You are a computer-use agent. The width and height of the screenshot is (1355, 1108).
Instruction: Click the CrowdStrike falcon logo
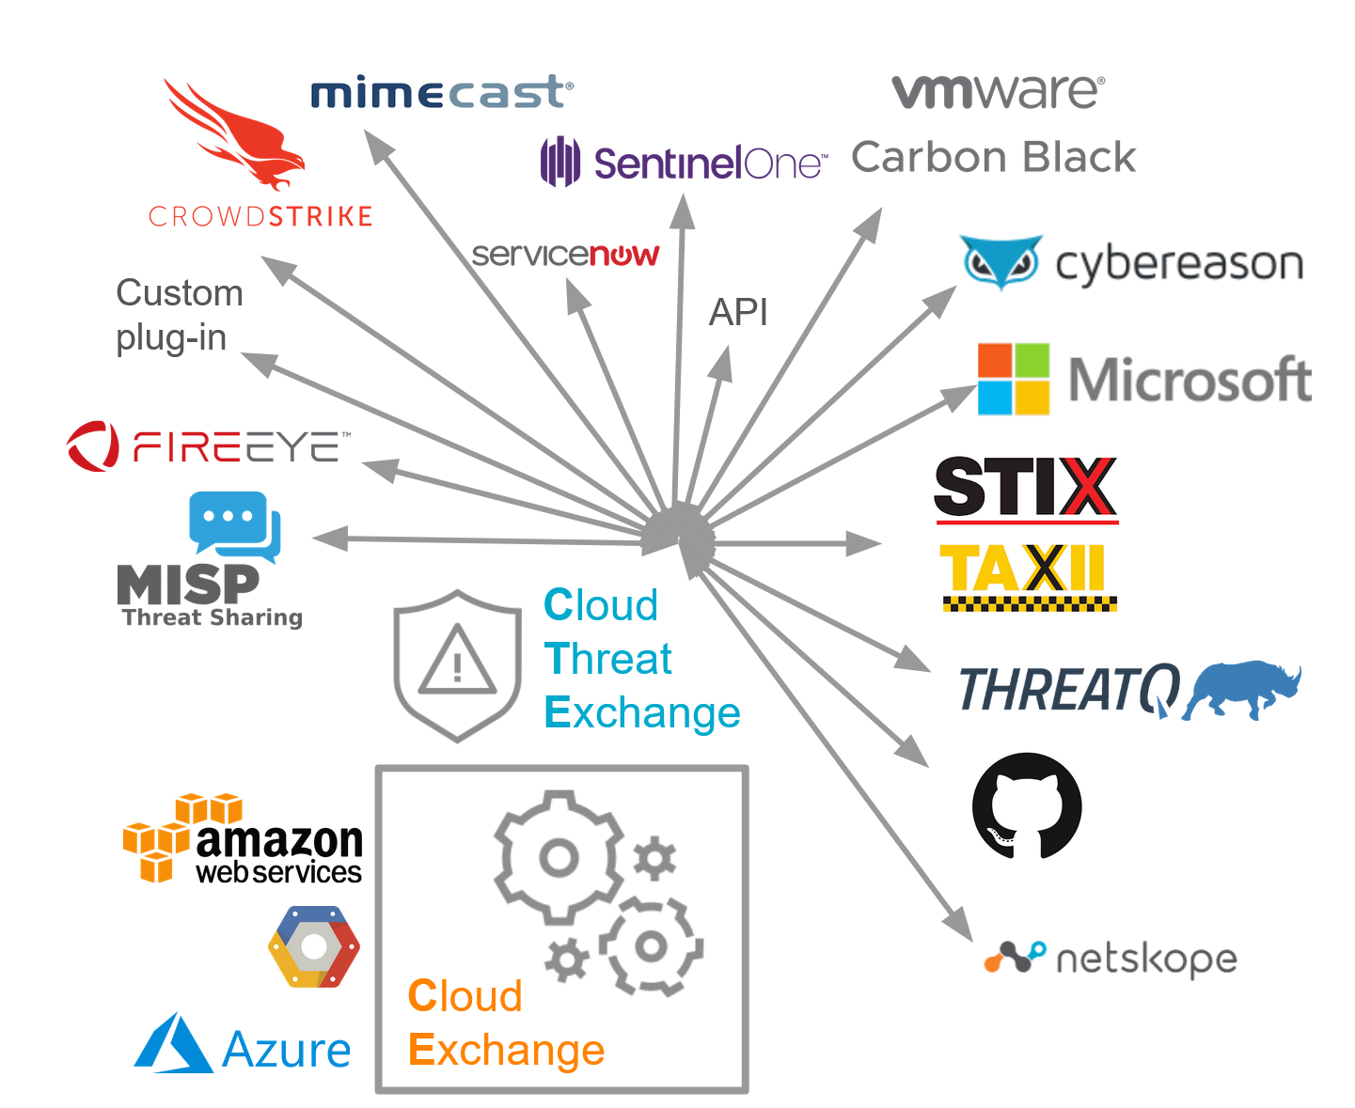click(235, 136)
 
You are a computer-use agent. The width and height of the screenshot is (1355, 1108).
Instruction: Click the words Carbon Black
click(993, 158)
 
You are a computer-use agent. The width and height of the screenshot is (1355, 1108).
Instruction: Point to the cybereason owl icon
click(1000, 262)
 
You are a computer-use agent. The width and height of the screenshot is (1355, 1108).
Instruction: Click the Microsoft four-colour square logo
click(1013, 380)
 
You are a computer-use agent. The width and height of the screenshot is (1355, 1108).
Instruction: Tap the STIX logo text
click(1025, 487)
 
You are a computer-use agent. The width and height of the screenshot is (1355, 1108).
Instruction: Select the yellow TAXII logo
click(1027, 573)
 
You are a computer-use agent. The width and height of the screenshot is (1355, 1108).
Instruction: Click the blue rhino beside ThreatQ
click(1241, 689)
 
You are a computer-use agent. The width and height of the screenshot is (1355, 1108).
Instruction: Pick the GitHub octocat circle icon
click(1026, 806)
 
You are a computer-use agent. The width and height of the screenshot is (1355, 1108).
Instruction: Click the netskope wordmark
click(1145, 960)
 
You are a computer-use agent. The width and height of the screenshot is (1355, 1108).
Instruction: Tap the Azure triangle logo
click(173, 1045)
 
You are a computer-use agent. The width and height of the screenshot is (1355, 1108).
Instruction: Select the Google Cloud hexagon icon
click(314, 947)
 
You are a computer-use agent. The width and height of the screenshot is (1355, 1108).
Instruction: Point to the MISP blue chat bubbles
click(235, 524)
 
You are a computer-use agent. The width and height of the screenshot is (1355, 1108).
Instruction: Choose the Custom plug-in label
click(179, 315)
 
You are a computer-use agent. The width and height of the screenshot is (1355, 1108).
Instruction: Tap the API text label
click(738, 312)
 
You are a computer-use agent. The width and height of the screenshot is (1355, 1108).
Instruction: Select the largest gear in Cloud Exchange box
click(559, 857)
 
